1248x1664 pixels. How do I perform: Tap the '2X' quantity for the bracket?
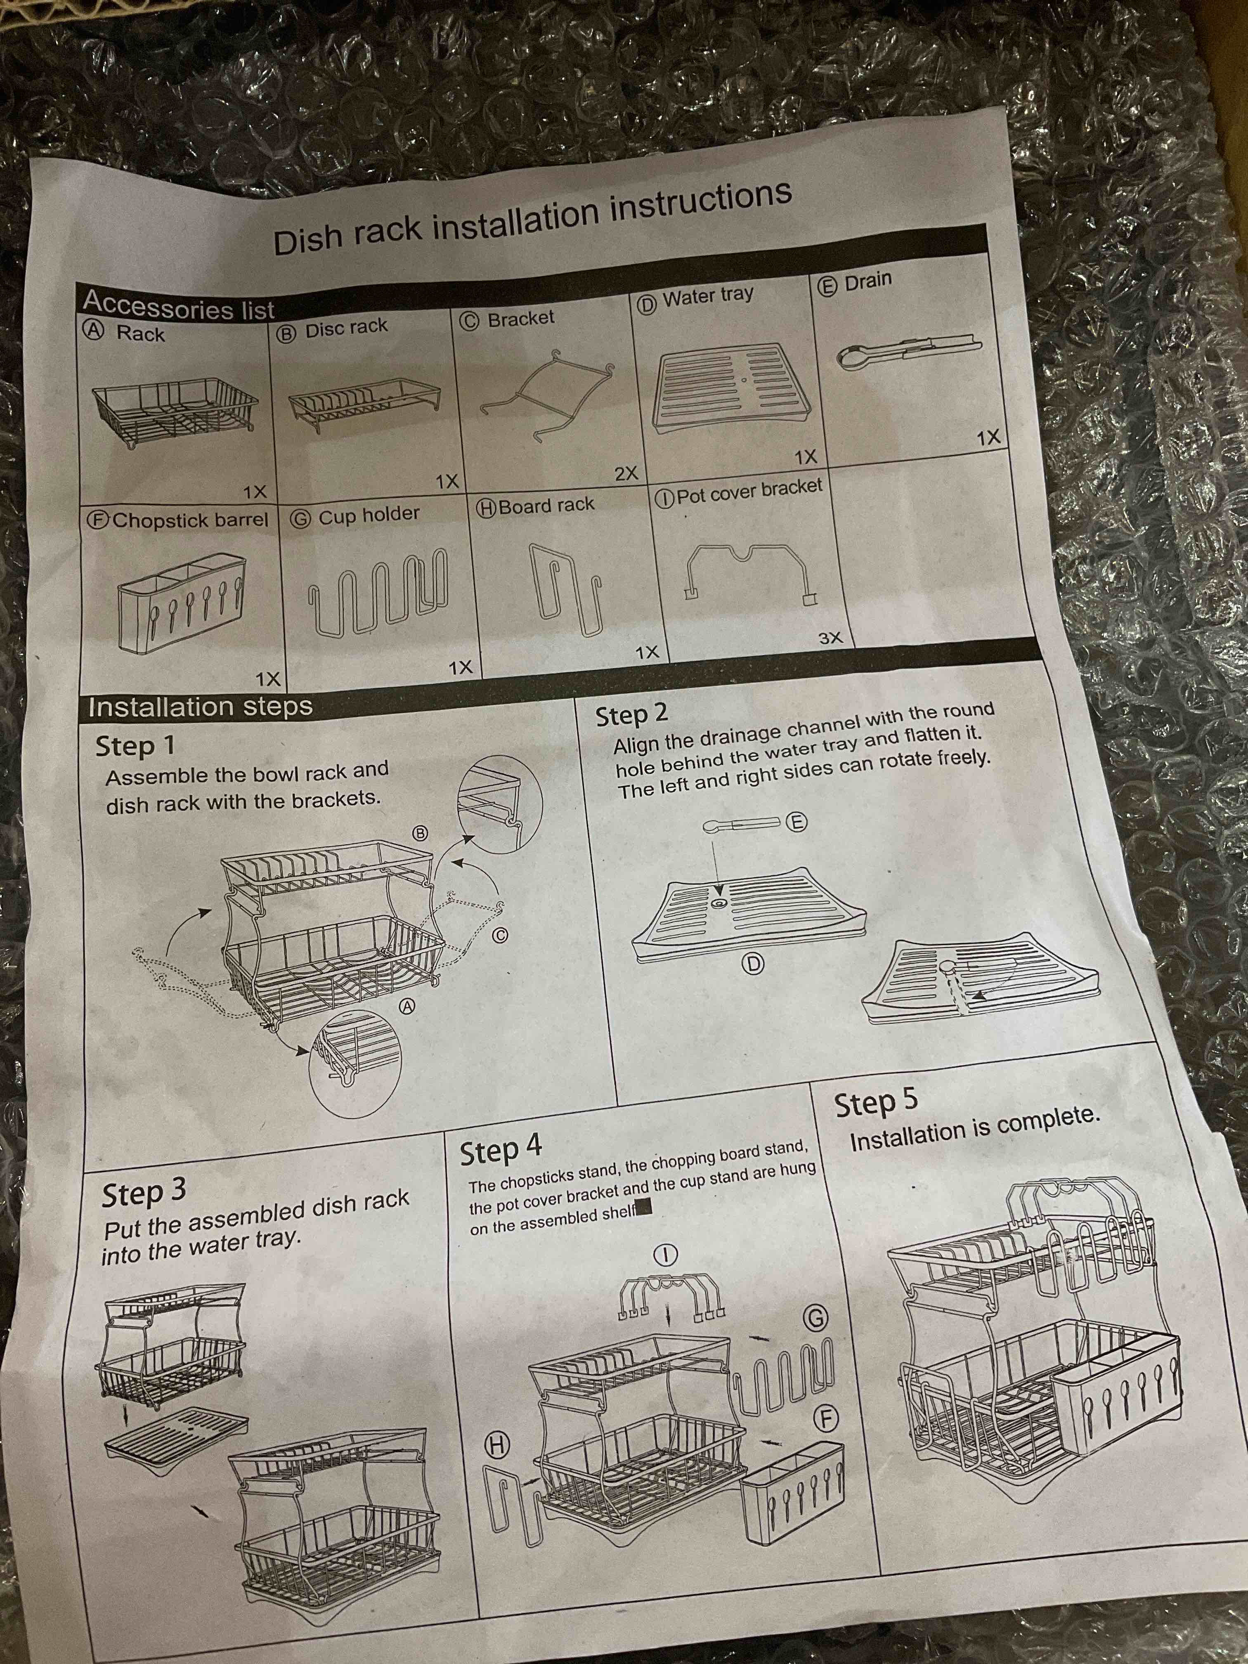point(626,474)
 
